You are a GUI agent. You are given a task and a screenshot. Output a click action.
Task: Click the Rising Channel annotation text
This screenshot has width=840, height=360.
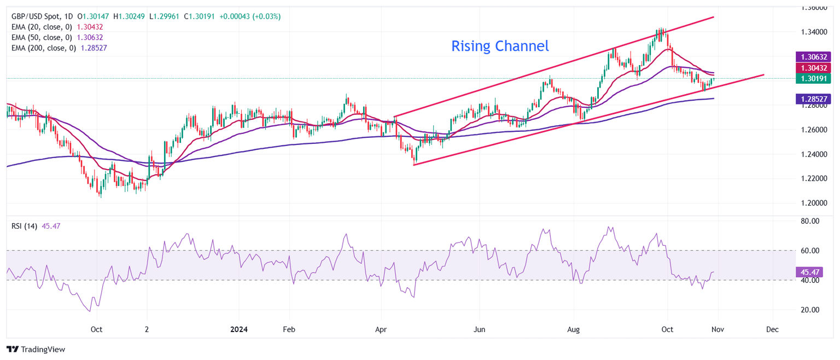click(500, 47)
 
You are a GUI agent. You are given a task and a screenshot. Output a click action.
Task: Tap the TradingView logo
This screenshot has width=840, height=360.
click(36, 349)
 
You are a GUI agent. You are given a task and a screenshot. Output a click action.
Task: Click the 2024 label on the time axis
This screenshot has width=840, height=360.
click(239, 329)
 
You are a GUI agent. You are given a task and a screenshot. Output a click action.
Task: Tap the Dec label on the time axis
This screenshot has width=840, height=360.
click(772, 329)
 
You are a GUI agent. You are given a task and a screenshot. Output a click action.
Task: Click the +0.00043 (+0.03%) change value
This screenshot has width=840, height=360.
click(250, 16)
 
